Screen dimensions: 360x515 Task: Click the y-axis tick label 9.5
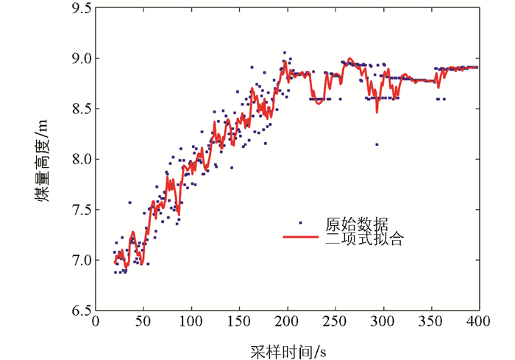(79, 9)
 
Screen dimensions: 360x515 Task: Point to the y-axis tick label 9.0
(79, 58)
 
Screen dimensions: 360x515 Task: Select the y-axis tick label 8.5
(79, 109)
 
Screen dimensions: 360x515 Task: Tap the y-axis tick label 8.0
(79, 159)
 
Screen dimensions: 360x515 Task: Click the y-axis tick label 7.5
(79, 210)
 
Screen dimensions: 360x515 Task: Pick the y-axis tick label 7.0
(79, 260)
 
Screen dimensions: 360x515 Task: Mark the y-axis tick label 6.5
(79, 311)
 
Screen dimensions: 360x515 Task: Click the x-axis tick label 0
(96, 322)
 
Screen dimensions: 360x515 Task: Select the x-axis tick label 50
(143, 322)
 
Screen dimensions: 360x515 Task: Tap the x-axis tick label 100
(191, 322)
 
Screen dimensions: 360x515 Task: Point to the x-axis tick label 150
(239, 322)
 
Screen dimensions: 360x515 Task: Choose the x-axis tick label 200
(288, 322)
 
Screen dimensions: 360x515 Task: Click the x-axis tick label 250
(335, 322)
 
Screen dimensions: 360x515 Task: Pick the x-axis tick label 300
(383, 322)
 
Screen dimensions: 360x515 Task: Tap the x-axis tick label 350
(431, 322)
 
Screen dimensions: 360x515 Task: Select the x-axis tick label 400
(479, 322)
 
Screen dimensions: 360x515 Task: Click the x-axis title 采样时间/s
(288, 347)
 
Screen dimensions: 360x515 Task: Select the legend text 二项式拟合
(363, 239)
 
